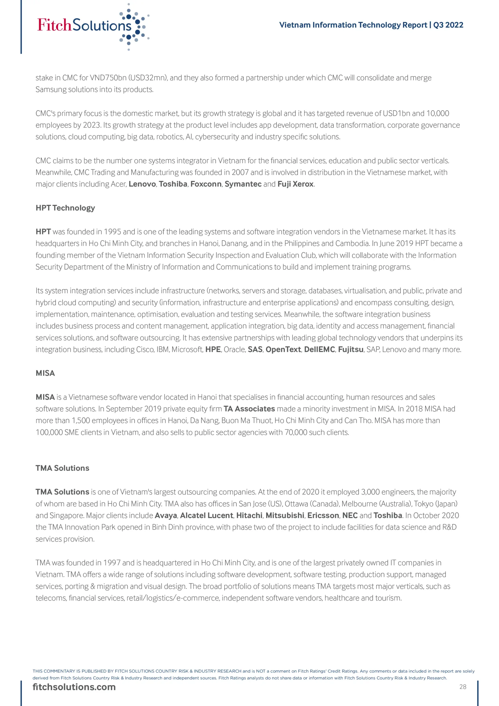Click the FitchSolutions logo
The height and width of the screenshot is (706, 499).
point(92,26)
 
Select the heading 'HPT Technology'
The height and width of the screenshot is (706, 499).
point(65,208)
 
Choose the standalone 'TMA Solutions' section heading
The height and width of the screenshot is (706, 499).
point(62,468)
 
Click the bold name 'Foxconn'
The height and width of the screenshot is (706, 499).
point(206,184)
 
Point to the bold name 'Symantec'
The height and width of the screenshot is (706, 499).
point(243,184)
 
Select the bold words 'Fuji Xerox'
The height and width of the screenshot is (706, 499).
point(296,184)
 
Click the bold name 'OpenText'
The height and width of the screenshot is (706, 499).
point(283,349)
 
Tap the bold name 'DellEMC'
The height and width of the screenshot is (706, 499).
point(320,349)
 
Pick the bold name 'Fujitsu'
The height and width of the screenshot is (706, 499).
point(351,349)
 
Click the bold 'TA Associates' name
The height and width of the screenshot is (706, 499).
point(249,409)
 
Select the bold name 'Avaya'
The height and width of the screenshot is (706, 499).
point(166,515)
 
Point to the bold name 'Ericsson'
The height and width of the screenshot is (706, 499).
point(323,515)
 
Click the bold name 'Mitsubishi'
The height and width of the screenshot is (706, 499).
point(285,515)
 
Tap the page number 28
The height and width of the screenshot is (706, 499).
point(463,687)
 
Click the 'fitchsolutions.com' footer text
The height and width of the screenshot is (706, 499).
point(74,687)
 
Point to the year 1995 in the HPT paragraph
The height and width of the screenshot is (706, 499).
point(112,232)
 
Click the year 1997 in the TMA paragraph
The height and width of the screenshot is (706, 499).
point(112,563)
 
